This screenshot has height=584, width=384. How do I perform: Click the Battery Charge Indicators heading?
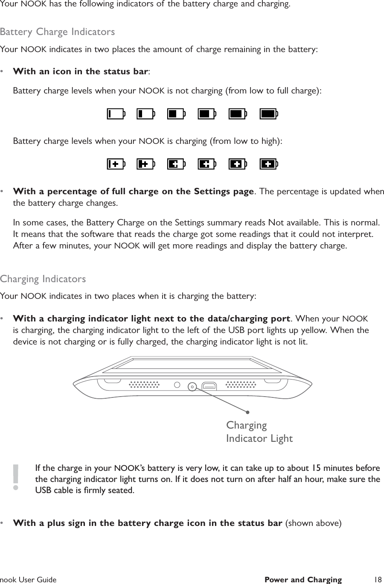[x=58, y=32]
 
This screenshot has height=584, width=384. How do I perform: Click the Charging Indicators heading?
[x=43, y=279]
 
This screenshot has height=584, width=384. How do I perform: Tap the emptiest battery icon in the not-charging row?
[x=116, y=114]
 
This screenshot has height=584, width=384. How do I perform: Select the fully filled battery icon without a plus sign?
[x=269, y=114]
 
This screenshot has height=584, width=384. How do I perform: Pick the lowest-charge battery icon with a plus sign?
[x=116, y=164]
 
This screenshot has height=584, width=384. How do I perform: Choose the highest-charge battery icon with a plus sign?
[x=269, y=164]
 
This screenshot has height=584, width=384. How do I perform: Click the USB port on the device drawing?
[x=209, y=386]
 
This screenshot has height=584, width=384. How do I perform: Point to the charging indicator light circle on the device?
[x=192, y=387]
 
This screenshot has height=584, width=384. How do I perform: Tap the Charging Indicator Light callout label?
[x=259, y=432]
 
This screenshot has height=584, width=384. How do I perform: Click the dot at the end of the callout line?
[x=247, y=412]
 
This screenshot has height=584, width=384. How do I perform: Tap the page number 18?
[x=377, y=579]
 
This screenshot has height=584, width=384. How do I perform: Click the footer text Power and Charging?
[x=303, y=579]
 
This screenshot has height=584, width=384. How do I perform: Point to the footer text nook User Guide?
[x=29, y=579]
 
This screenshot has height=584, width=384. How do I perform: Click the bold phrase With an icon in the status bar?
[x=81, y=71]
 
